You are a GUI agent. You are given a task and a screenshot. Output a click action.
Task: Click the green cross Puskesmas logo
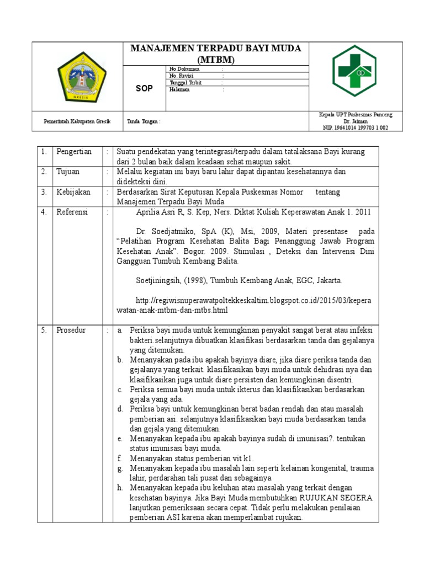pyautogui.click(x=354, y=70)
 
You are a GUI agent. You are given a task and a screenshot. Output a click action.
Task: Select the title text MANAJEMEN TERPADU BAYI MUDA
pyautogui.click(x=215, y=49)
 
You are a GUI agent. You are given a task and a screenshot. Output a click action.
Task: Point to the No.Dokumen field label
pyautogui.click(x=184, y=69)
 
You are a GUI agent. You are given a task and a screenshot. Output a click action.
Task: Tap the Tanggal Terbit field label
pyautogui.click(x=185, y=82)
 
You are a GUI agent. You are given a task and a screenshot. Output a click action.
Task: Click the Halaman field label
pyautogui.click(x=179, y=89)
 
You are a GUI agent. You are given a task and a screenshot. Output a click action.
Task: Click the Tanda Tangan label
pyautogui.click(x=144, y=121)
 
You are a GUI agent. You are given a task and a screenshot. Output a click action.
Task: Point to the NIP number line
pyautogui.click(x=356, y=127)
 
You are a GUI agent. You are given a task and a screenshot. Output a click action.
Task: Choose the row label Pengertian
pyautogui.click(x=74, y=152)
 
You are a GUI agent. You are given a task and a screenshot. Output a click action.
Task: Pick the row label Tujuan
pyautogui.click(x=68, y=172)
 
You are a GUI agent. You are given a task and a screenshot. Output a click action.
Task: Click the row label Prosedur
pyautogui.click(x=71, y=330)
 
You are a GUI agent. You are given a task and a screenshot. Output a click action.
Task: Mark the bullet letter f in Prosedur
pyautogui.click(x=119, y=459)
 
